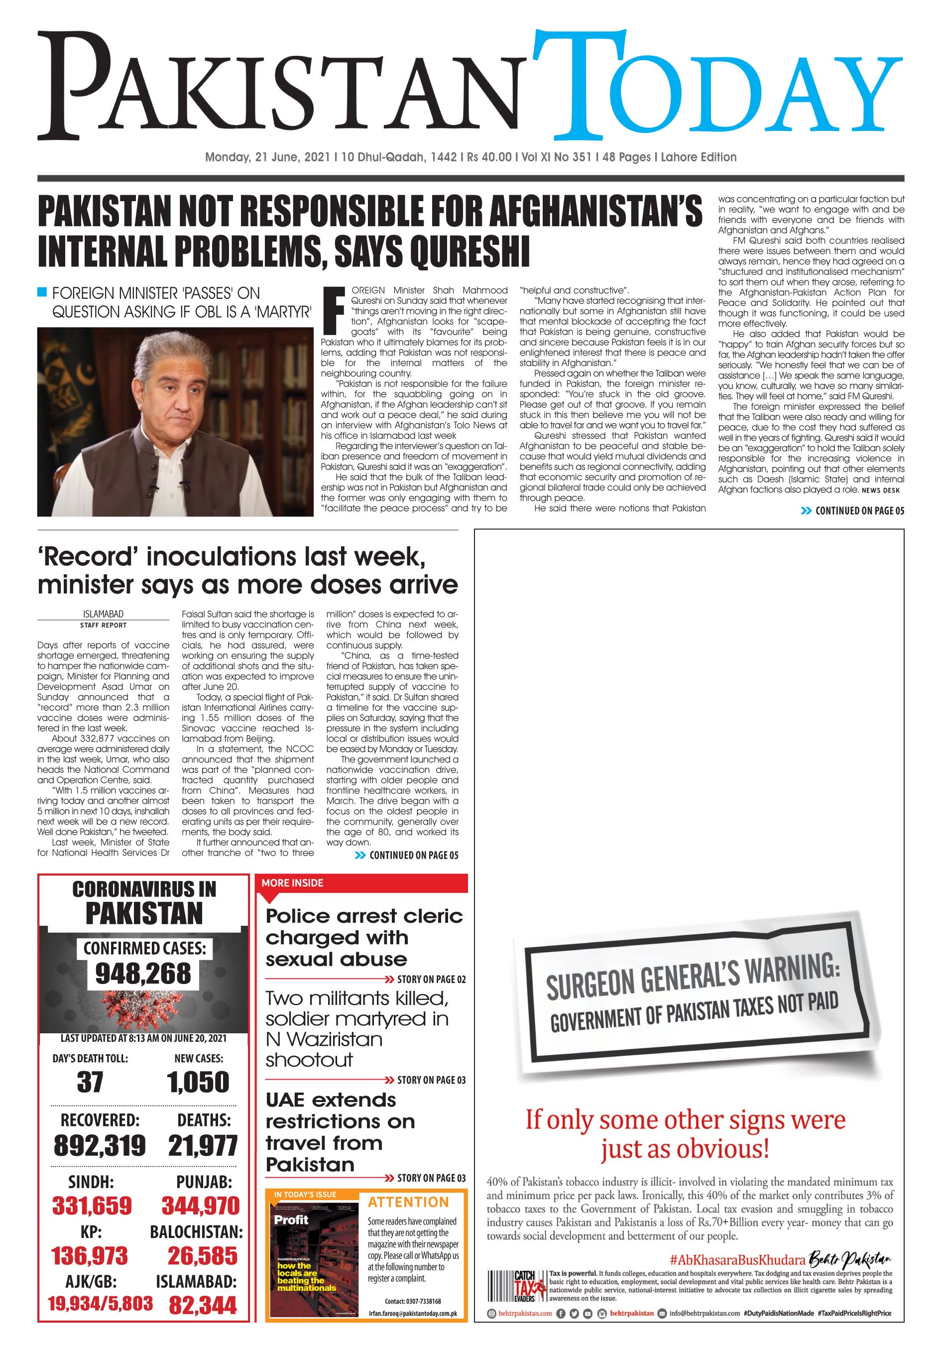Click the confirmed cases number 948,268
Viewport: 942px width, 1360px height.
[x=143, y=974]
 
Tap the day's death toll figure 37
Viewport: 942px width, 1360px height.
[x=89, y=1082]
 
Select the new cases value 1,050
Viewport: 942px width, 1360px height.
[x=198, y=1082]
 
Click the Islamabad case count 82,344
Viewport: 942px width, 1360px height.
[x=203, y=1305]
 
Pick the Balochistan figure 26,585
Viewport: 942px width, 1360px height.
[x=203, y=1255]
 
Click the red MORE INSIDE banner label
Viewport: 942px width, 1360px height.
[x=293, y=883]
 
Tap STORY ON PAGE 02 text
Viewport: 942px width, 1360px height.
[x=431, y=979]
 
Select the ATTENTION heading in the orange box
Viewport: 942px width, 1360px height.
[x=408, y=1203]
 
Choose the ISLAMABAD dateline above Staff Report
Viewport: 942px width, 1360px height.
[x=103, y=614]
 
